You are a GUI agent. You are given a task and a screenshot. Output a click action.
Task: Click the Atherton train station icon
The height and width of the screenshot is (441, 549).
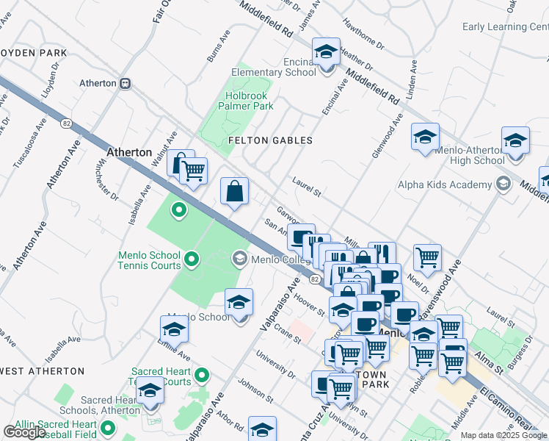pos(126,83)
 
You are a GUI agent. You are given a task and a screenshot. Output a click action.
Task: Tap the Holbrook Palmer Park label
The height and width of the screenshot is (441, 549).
pos(245,100)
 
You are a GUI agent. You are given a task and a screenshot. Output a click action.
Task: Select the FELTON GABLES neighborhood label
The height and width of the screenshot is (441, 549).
pos(270,140)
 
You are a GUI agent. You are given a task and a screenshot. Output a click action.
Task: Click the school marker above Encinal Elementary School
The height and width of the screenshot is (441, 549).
pos(326,53)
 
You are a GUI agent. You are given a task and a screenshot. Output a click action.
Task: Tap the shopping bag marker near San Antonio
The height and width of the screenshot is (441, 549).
pos(234,192)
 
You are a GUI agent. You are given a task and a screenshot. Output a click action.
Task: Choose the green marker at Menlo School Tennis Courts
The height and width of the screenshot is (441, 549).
pos(192,258)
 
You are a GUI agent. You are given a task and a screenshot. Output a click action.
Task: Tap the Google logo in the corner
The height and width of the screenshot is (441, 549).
pos(24,432)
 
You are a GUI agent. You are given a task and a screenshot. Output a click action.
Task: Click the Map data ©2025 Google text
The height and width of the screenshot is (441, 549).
pos(503,435)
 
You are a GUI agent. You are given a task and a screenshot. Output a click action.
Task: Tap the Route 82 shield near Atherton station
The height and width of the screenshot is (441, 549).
pos(67,123)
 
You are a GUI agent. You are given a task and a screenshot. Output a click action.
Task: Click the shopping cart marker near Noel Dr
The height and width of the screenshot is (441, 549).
pos(427,258)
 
